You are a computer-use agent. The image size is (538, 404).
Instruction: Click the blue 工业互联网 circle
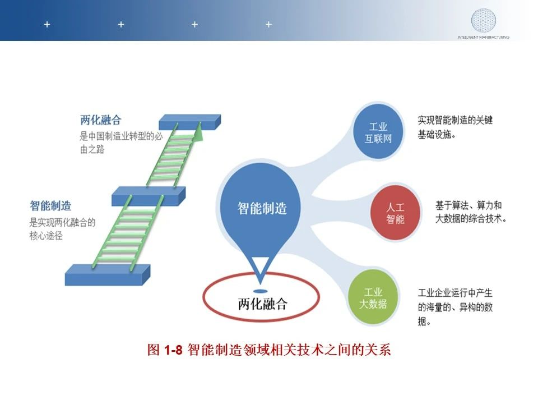378,132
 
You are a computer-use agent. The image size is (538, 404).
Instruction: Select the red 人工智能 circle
395,213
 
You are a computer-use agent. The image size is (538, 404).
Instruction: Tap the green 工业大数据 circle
373,298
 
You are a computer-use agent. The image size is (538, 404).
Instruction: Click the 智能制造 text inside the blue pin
262,208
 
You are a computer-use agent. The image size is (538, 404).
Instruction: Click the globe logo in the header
484,21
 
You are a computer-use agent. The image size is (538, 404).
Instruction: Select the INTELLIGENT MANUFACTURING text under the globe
484,37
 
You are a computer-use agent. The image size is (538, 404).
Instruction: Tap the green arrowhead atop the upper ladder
198,132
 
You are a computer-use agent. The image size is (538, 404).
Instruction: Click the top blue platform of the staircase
190,122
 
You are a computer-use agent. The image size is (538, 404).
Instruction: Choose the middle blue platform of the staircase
149,196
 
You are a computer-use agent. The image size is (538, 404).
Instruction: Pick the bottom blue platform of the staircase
108,275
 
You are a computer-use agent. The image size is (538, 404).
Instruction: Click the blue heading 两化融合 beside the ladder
101,120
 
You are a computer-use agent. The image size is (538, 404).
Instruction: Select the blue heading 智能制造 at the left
50,206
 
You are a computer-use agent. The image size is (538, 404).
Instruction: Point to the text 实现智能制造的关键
455,120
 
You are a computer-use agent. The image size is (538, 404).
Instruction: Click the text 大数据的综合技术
470,218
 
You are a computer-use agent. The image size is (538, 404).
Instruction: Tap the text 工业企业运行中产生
455,293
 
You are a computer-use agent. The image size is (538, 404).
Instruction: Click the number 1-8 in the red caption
173,350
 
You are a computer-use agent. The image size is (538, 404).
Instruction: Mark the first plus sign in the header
47,24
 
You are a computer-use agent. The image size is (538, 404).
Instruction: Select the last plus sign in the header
268,24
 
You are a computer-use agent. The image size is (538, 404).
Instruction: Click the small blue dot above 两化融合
261,291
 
